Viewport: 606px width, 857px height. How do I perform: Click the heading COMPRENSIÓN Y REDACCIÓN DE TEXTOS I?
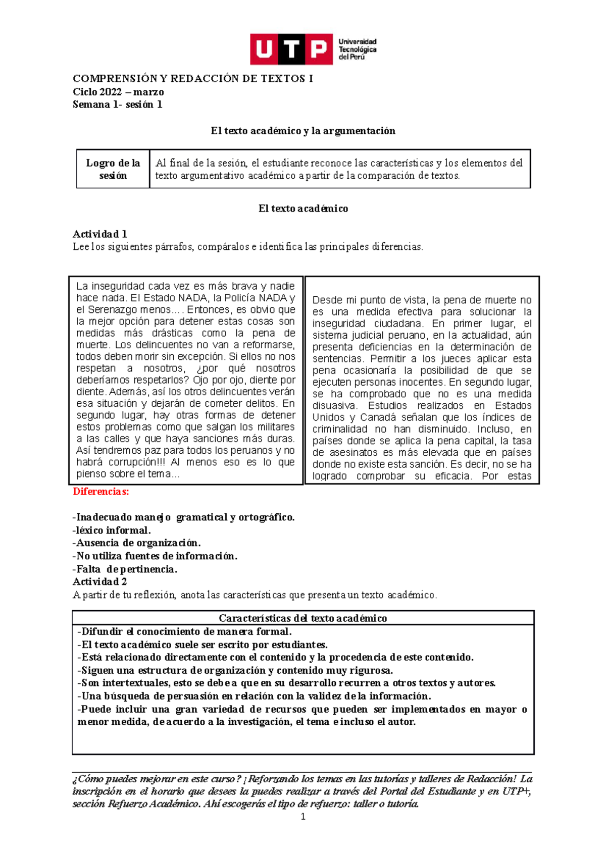point(193,79)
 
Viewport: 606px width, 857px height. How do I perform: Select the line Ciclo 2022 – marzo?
point(118,92)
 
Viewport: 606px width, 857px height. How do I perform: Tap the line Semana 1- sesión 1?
point(117,104)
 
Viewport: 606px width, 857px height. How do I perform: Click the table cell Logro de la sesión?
point(113,169)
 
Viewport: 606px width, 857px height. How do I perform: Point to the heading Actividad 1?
point(99,234)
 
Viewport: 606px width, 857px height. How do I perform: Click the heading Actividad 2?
point(99,581)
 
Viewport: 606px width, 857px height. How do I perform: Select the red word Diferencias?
point(100,492)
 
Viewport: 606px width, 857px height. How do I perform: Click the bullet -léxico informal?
point(112,530)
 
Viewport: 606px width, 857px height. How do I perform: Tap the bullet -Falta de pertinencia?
point(125,569)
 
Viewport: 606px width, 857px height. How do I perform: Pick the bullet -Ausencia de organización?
point(136,543)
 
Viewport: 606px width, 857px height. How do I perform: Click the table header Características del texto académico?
point(302,618)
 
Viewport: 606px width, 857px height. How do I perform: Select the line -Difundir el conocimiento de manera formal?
point(184,631)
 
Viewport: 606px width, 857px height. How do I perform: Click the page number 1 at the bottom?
point(303,817)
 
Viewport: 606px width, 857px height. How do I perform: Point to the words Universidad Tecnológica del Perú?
point(357,49)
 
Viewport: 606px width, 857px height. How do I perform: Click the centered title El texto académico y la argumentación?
point(303,131)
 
